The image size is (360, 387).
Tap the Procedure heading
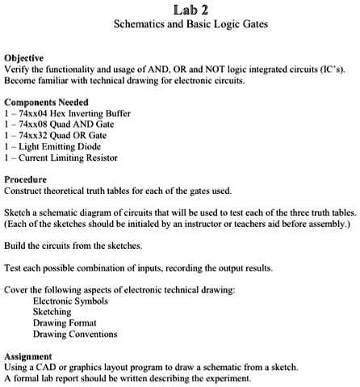pyautogui.click(x=25, y=179)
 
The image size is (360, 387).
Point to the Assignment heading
pyautogui.click(x=28, y=355)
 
